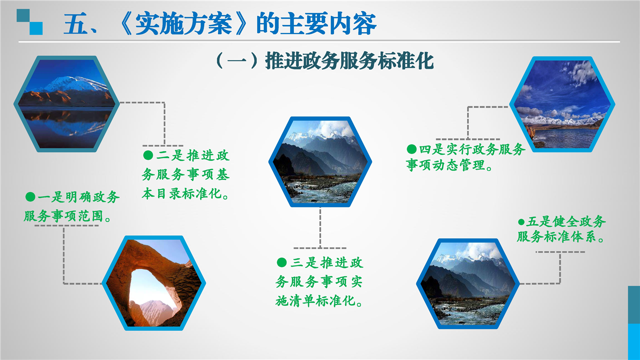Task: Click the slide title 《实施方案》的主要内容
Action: [x=247, y=23]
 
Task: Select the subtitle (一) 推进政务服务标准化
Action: [x=325, y=60]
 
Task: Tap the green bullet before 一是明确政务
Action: [x=31, y=196]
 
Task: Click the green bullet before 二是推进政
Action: [x=148, y=155]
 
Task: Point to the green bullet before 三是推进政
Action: [x=282, y=262]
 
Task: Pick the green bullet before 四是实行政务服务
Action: [x=411, y=149]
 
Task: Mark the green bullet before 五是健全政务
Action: [x=521, y=222]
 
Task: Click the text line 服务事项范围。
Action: [x=68, y=216]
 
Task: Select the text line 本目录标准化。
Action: [x=186, y=193]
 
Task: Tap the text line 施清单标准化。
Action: [x=319, y=301]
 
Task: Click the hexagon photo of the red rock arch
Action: [x=154, y=283]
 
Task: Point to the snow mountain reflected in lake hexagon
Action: [x=66, y=104]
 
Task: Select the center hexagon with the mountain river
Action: [x=320, y=161]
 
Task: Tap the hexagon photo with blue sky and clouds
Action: [x=562, y=104]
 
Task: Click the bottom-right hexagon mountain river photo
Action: [x=468, y=284]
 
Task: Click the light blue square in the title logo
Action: [x=37, y=28]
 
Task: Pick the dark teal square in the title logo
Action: [x=23, y=15]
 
